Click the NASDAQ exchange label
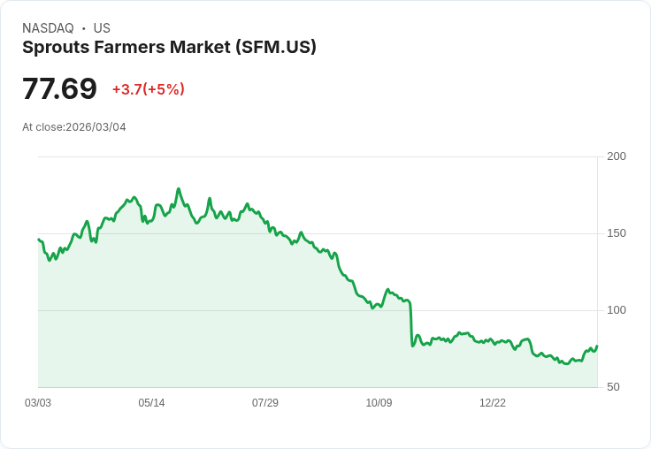48,28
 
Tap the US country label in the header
102,28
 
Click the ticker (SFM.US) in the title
276,48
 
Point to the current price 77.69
59,89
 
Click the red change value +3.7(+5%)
148,89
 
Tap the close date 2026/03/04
96,127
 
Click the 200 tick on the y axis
617,156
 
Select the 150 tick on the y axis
617,233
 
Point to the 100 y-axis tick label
617,310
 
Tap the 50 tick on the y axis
613,387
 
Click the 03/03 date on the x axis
38,403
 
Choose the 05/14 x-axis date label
151,403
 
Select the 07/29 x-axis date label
265,403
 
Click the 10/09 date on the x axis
379,403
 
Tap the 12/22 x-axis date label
493,403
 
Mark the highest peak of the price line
179,189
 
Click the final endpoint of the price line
597,346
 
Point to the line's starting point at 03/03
39,240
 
